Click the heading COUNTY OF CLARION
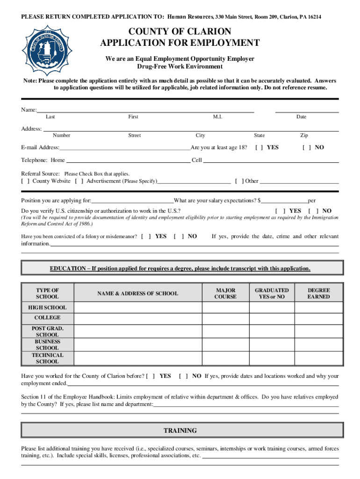click(180, 32)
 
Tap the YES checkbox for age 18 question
click(258, 147)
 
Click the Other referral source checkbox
click(239, 181)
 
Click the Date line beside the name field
click(307, 112)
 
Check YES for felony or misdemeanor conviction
click(145, 237)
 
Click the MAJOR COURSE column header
click(225, 294)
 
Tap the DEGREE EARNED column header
click(318, 294)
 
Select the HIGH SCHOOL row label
click(47, 308)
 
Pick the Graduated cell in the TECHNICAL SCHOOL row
click(272, 359)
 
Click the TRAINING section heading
click(180, 430)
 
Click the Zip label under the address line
click(304, 136)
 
